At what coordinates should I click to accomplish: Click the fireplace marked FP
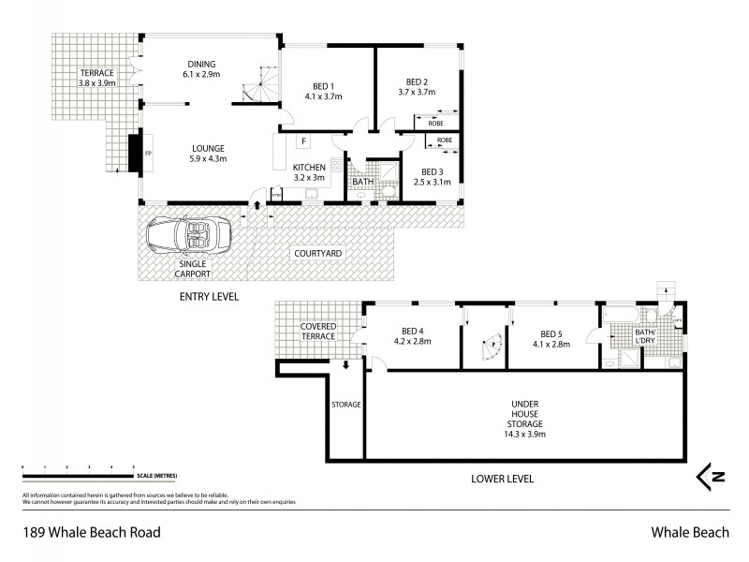pos(134,154)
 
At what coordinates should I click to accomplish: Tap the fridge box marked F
pos(303,141)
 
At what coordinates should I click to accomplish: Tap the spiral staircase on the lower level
pos(488,349)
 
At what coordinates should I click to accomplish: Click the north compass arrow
pos(713,477)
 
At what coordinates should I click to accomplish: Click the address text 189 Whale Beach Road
pos(90,533)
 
